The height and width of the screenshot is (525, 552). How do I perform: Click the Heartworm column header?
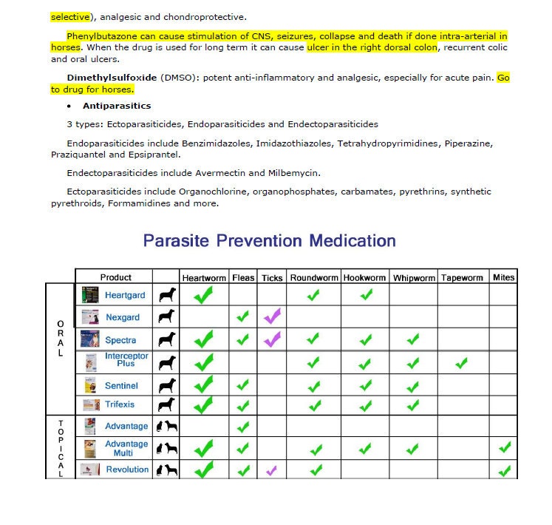click(x=204, y=278)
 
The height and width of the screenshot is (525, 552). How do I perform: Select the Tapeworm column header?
click(x=462, y=278)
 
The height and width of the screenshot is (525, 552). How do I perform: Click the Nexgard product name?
click(x=122, y=317)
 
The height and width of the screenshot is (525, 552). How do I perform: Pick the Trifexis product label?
click(x=120, y=404)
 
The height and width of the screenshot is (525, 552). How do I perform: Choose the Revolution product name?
click(x=127, y=470)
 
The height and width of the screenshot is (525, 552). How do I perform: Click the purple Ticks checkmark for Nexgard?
click(x=272, y=316)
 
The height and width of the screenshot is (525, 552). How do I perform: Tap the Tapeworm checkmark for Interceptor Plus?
click(x=462, y=362)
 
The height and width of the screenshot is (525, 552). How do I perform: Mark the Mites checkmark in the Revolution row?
click(x=505, y=470)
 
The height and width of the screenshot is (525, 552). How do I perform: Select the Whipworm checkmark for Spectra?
click(x=412, y=340)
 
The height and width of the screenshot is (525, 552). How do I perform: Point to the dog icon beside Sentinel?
click(x=166, y=385)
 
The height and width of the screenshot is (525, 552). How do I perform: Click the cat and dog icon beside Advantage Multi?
click(x=166, y=448)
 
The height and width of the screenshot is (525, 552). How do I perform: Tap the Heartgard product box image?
click(x=90, y=294)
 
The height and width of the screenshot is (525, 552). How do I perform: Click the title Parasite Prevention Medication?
click(x=269, y=241)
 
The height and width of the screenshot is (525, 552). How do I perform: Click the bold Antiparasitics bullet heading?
click(x=127, y=106)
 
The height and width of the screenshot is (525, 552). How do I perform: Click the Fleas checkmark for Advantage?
click(x=242, y=427)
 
